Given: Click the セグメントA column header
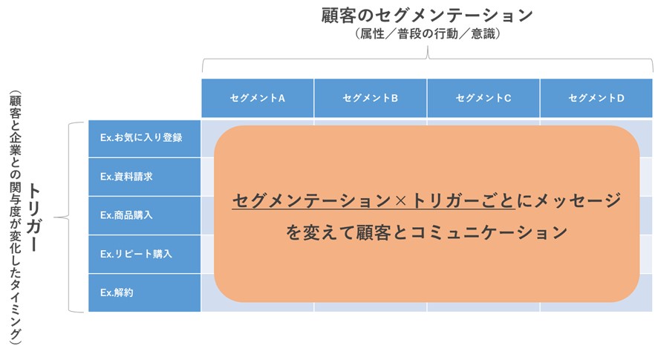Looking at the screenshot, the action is tap(257, 98).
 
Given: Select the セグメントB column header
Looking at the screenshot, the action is tap(370, 98).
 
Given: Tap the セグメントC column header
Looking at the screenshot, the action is tap(483, 98).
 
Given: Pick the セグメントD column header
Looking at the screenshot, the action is tap(596, 98).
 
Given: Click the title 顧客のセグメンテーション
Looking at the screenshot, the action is tap(427, 16).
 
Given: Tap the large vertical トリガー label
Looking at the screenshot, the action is tap(35, 217).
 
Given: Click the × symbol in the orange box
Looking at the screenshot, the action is tap(400, 201).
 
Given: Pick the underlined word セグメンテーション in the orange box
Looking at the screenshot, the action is tap(313, 201).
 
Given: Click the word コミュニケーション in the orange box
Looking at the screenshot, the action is tap(489, 232).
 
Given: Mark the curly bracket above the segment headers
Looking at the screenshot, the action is tap(428, 59).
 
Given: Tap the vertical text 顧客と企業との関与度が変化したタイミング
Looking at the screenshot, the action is tap(15, 218).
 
